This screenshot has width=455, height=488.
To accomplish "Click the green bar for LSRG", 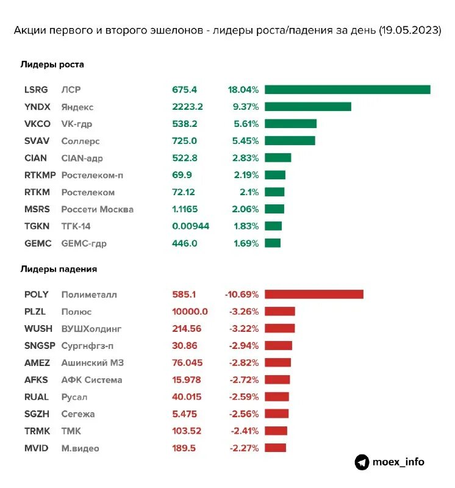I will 348,90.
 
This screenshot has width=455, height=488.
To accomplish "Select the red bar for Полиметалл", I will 314,295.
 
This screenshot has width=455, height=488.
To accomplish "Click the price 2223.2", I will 187,107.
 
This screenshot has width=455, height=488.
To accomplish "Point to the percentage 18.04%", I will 243,90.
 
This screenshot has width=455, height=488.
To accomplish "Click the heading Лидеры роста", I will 52,64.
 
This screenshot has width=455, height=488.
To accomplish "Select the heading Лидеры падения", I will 59,268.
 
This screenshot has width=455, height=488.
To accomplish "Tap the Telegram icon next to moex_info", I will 362,462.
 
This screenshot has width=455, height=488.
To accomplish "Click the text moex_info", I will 399,462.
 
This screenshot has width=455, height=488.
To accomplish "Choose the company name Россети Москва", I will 97,209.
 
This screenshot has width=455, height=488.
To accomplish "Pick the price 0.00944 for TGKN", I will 190,226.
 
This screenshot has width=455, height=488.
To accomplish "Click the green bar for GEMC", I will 273,243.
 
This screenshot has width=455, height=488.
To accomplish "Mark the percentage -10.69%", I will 242,295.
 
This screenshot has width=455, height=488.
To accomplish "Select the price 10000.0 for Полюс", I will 190,312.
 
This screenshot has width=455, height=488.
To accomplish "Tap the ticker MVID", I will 36,448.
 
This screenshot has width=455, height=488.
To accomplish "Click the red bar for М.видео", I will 275,448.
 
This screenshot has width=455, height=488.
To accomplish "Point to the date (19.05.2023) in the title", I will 409,30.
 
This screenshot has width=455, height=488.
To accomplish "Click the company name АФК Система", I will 91,380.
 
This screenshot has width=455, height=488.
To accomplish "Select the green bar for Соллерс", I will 290,141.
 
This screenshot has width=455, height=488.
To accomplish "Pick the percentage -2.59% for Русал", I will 244,397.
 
